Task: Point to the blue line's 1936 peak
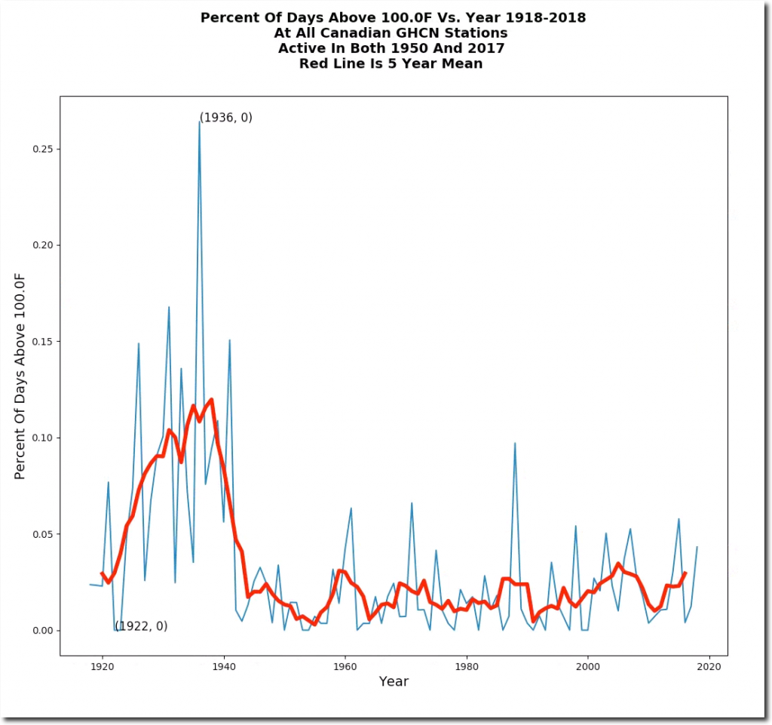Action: click(199, 121)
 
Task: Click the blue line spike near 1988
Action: click(515, 443)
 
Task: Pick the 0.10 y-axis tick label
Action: click(41, 438)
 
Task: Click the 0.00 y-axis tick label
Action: click(41, 631)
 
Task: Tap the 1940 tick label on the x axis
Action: click(224, 666)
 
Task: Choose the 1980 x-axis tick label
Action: click(467, 666)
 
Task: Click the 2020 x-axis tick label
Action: click(709, 666)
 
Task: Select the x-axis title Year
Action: click(394, 682)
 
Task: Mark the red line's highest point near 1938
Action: click(211, 399)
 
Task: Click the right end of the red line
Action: click(685, 573)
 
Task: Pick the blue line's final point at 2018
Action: click(697, 547)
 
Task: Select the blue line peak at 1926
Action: click(139, 344)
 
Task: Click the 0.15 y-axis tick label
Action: click(41, 341)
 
